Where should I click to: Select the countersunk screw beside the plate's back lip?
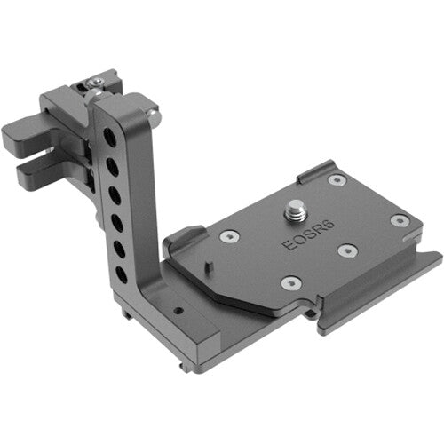336,180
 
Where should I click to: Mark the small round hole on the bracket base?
178,312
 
